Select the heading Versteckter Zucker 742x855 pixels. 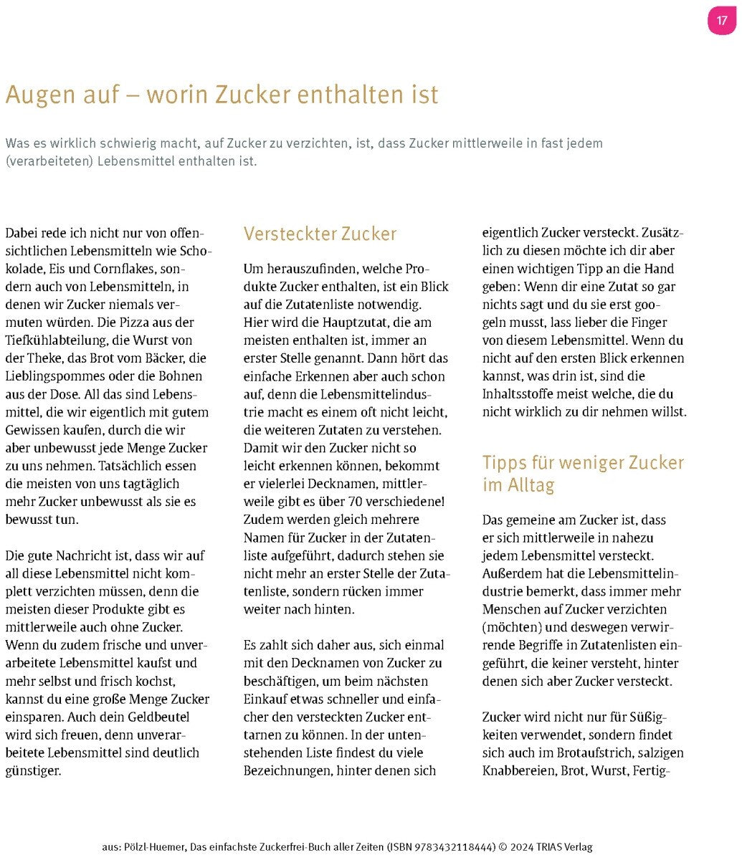click(x=320, y=234)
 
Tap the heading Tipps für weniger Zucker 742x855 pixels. click(x=583, y=462)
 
